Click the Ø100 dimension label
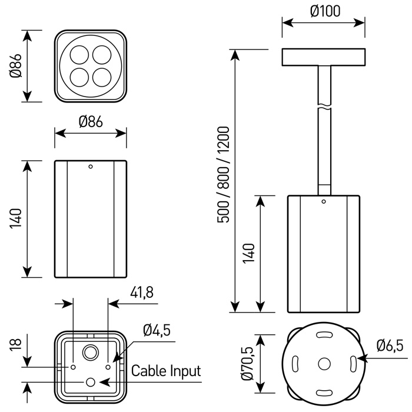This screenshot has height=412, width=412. point(323,11)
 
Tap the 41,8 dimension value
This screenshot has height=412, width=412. point(142,293)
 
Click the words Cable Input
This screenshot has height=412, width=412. point(166,371)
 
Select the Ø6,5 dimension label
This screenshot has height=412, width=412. point(390,346)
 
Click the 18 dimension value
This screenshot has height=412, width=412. point(15,344)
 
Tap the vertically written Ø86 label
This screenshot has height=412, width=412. point(15,65)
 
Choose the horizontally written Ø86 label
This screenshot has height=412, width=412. point(91,122)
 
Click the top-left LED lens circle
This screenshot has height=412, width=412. point(79,54)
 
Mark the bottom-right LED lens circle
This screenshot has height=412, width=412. point(102,77)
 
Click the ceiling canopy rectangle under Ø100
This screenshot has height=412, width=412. point(323,57)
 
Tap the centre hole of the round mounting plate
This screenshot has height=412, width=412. point(324,363)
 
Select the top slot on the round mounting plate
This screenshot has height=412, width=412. point(324,335)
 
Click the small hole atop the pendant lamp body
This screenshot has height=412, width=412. point(323,202)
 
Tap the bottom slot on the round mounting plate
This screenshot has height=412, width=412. point(324,390)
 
